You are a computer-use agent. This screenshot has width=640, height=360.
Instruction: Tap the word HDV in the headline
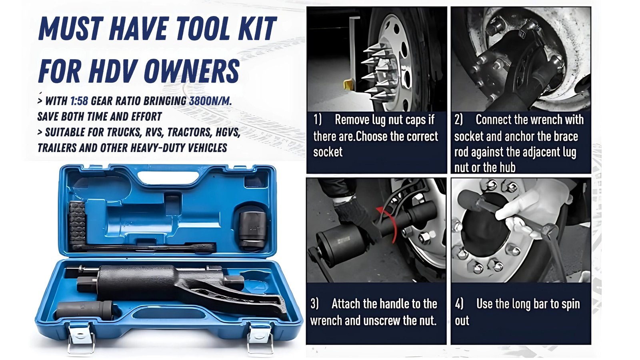coord(112,71)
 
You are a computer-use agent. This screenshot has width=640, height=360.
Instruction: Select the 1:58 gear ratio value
coord(79,101)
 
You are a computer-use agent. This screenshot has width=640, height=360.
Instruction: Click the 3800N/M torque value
coord(210,101)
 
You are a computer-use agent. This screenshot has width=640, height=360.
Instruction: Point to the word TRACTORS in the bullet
coord(190,132)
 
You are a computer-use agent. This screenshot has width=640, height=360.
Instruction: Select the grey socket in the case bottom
coord(84,310)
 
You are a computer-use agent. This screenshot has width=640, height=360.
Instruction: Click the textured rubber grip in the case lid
coord(77,223)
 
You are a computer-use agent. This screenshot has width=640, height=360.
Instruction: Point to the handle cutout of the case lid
coord(168,178)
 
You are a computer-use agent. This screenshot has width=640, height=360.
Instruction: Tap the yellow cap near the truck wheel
coord(349,84)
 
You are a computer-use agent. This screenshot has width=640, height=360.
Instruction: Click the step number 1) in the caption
coord(318,120)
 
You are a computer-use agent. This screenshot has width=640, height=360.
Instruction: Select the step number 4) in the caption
coord(459,304)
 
